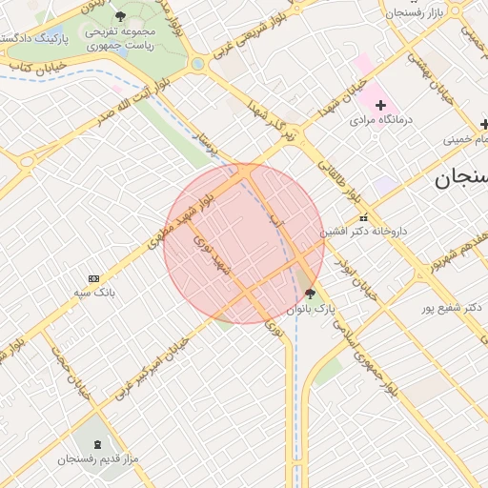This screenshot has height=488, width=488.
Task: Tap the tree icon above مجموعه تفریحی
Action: coord(120,16)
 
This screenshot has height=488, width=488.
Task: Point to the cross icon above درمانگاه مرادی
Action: coord(381,103)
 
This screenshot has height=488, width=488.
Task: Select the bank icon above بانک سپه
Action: coord(92,277)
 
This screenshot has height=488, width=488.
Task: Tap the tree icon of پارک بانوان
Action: coord(310,294)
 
